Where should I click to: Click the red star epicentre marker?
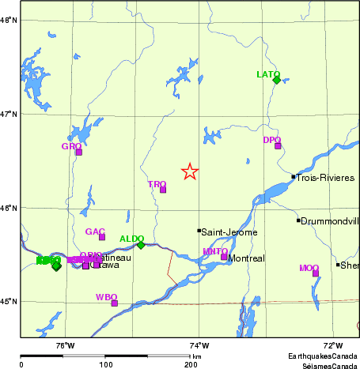(x=190, y=171)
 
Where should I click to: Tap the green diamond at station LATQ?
(x=276, y=80)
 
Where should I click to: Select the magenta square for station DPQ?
(x=278, y=145)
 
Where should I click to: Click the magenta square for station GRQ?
(x=78, y=152)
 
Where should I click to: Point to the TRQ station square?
(x=163, y=190)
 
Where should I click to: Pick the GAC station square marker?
(x=102, y=237)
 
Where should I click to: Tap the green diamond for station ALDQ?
(x=141, y=245)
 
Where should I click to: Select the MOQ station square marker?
(x=316, y=273)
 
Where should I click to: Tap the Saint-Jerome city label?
(x=228, y=232)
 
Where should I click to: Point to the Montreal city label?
(x=246, y=258)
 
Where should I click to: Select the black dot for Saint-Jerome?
(x=199, y=231)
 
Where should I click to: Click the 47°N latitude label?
(x=8, y=115)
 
